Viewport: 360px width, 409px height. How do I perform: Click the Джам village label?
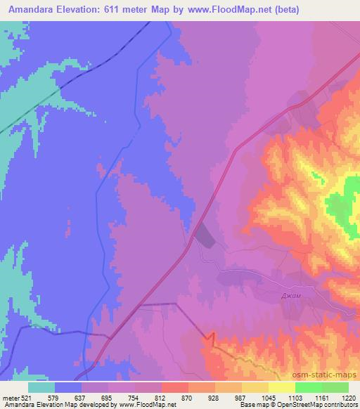(x=290, y=297)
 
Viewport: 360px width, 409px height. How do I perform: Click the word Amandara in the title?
(x=32, y=8)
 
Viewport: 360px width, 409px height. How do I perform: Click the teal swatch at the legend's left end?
(x=41, y=387)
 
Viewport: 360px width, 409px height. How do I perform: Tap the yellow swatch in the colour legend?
(x=282, y=387)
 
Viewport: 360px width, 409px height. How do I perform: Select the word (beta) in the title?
(x=338, y=8)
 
